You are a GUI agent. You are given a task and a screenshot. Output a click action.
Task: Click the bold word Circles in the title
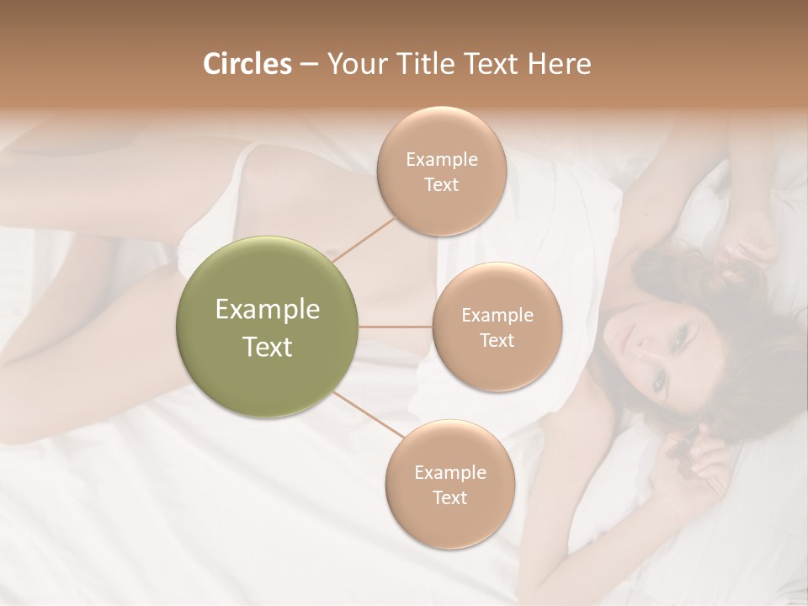coord(247,64)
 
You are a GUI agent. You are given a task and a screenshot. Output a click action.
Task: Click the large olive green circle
coord(267,327)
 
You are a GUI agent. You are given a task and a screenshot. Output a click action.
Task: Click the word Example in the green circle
coord(267,310)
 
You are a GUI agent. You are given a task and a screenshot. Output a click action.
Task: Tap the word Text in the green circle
coord(267,347)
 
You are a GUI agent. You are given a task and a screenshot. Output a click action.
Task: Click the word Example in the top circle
coord(441,159)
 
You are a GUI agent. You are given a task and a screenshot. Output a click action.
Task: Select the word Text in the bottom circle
coord(449,497)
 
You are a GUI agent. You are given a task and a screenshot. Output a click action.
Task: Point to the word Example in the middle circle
coord(497,316)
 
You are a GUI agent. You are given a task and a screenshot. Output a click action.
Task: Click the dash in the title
coord(308,64)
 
